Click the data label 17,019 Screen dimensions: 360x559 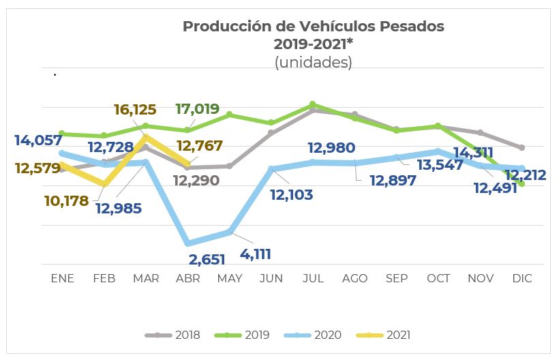pos(197,108)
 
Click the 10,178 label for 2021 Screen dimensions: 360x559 pos(66,200)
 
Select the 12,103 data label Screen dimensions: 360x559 pos(291,195)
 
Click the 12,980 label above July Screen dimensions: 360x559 pos(331,147)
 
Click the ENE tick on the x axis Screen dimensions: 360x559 pos(63,279)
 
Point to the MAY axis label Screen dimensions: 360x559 pos(229,279)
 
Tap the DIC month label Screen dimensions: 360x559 pos(522,279)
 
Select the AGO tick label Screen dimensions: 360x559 pos(354,279)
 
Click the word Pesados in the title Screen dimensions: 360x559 pos(412,27)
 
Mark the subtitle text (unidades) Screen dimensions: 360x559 pos(313,62)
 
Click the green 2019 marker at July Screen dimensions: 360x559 pos(313,104)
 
